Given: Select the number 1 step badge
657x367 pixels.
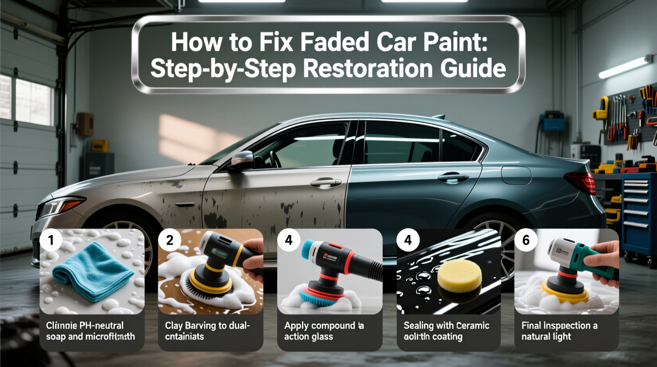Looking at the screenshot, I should click(x=51, y=240).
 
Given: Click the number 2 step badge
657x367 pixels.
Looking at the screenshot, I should click(x=169, y=240).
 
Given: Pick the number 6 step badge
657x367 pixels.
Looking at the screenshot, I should click(x=526, y=240).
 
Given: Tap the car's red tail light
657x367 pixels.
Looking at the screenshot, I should click(x=581, y=183).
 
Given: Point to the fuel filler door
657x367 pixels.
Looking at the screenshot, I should click(x=516, y=175).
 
